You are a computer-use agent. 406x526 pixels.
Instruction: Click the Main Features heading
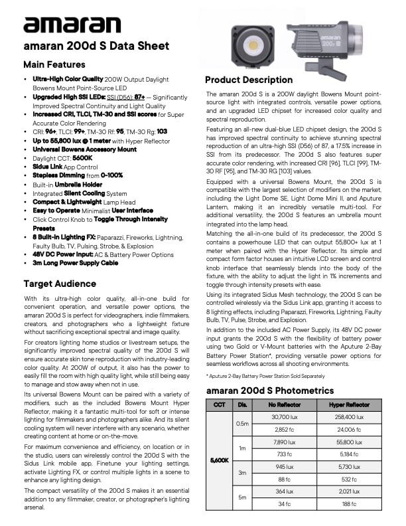[x=54, y=64]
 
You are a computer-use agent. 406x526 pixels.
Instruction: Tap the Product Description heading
[x=249, y=80]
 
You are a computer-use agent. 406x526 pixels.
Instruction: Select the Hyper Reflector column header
[x=346, y=404]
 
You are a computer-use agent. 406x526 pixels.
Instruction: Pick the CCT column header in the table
[x=219, y=404]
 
